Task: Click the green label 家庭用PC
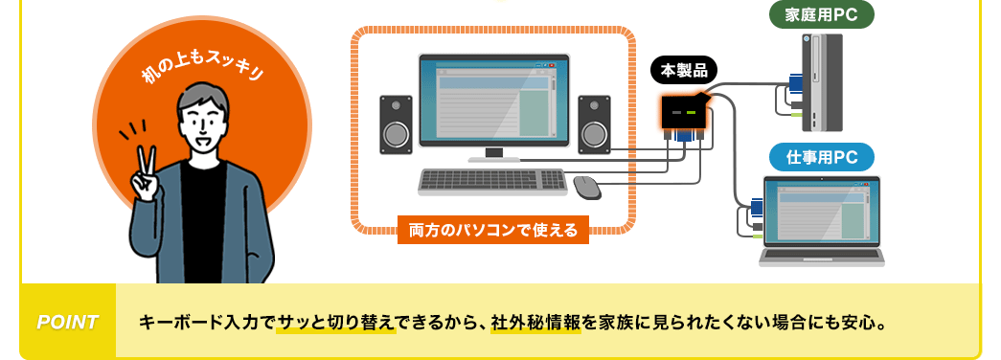(822, 15)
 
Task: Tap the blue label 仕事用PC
(822, 157)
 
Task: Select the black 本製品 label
(684, 70)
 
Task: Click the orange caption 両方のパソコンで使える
(493, 230)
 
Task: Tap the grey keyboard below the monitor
(493, 181)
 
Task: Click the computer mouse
(587, 186)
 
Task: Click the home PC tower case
(822, 82)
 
